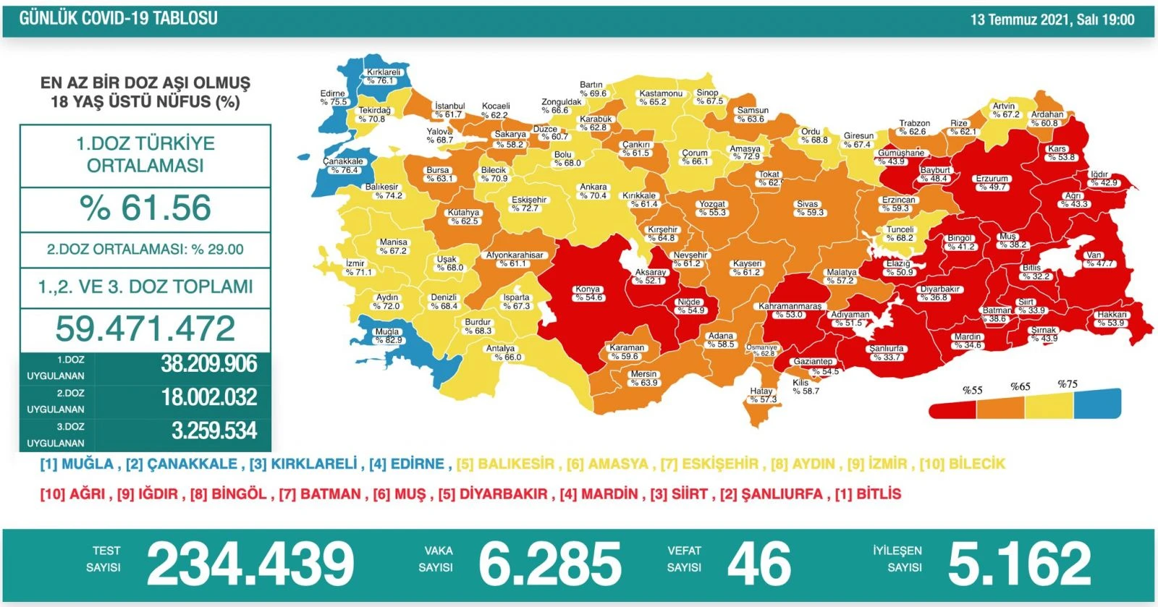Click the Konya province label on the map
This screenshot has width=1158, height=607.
pyautogui.click(x=588, y=293)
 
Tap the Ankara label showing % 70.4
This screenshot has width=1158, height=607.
pyautogui.click(x=593, y=191)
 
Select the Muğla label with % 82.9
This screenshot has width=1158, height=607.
pyautogui.click(x=388, y=336)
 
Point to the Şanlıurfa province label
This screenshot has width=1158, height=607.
pyautogui.click(x=887, y=352)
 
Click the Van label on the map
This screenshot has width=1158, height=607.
pyautogui.click(x=1094, y=259)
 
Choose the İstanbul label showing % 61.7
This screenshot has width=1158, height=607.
pyautogui.click(x=449, y=110)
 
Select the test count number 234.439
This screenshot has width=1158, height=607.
pyautogui.click(x=250, y=564)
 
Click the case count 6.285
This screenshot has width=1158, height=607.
pyautogui.click(x=550, y=564)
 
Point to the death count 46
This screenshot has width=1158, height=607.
pyautogui.click(x=758, y=564)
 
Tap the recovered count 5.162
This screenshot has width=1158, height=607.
pyautogui.click(x=1019, y=564)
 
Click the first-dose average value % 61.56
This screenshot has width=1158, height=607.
pyautogui.click(x=145, y=208)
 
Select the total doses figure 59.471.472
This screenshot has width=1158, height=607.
pyautogui.click(x=145, y=328)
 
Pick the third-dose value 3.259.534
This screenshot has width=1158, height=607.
pyautogui.click(x=214, y=431)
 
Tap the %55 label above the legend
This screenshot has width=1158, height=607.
pyautogui.click(x=972, y=390)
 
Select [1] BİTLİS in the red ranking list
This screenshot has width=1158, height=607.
pyautogui.click(x=868, y=494)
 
